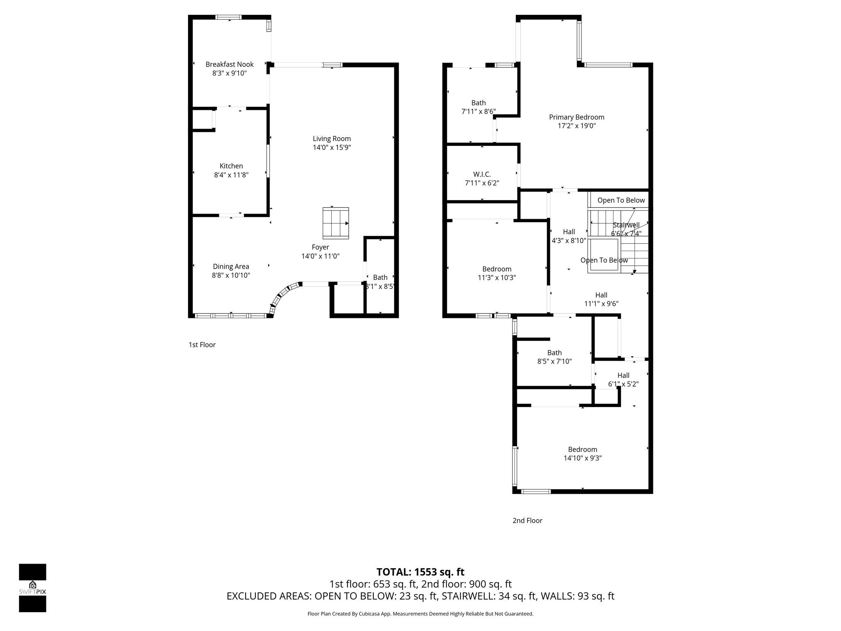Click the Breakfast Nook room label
[229, 64]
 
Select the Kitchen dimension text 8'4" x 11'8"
[231, 175]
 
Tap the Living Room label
[331, 139]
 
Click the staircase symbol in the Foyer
[335, 223]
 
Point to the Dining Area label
[231, 267]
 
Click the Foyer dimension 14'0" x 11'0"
[320, 256]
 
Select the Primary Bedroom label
[577, 117]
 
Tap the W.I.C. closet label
[482, 175]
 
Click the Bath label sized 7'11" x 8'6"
[478, 103]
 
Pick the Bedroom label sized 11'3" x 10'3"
[496, 269]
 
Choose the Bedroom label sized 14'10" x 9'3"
[582, 450]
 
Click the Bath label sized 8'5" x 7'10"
[554, 353]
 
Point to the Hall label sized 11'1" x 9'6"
[601, 295]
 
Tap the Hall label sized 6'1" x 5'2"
[623, 375]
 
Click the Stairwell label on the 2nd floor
[626, 225]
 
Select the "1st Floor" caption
[202, 345]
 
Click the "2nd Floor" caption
[527, 520]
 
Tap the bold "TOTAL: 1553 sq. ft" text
[420, 572]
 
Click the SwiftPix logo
[32, 587]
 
